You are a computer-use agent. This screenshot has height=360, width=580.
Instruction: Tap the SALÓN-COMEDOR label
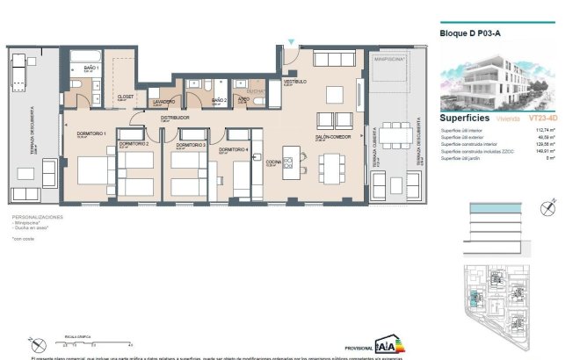(x=334, y=136)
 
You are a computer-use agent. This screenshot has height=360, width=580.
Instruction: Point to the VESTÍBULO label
(x=294, y=82)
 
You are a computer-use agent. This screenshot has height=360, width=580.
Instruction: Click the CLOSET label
(x=125, y=97)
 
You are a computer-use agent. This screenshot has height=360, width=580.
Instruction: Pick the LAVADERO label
(x=163, y=102)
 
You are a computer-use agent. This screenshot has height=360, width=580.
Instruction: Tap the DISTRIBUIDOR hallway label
(x=176, y=117)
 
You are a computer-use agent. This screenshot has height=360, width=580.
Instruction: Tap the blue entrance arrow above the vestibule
(x=291, y=40)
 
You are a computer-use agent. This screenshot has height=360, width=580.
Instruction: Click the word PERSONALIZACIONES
(x=38, y=216)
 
